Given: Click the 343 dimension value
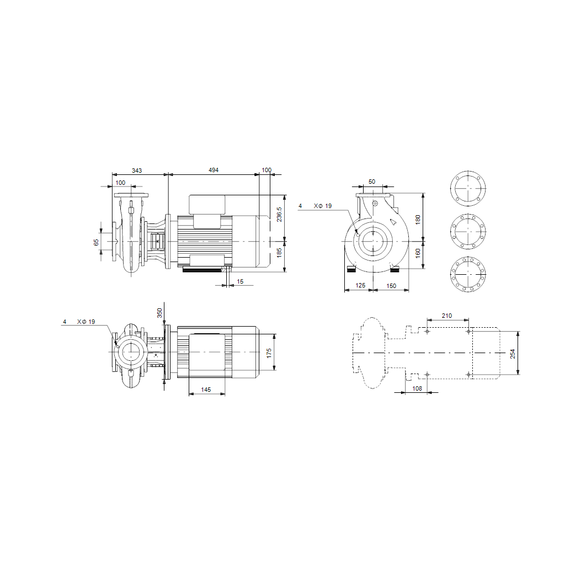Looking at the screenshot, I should click(x=136, y=170).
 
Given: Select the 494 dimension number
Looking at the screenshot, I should click(x=214, y=170).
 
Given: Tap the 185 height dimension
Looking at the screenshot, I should click(x=280, y=253).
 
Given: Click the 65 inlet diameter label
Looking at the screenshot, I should click(x=97, y=242).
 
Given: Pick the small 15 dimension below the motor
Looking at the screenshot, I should click(x=240, y=282).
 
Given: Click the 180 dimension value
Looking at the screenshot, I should click(x=418, y=218).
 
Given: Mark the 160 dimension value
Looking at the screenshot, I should click(x=418, y=254).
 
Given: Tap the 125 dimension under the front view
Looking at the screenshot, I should click(x=360, y=286).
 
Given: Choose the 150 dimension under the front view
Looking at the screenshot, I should click(x=391, y=286).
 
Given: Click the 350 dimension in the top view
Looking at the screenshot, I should click(x=160, y=313).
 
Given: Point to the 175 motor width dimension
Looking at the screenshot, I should click(x=269, y=353).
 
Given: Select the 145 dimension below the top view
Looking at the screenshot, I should click(x=206, y=390).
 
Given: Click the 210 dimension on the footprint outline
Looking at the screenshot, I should click(x=447, y=316).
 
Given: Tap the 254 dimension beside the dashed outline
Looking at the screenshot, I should click(x=513, y=354).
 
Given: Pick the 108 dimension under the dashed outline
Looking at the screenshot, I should click(x=417, y=389).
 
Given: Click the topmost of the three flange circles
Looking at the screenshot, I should click(x=470, y=188).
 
